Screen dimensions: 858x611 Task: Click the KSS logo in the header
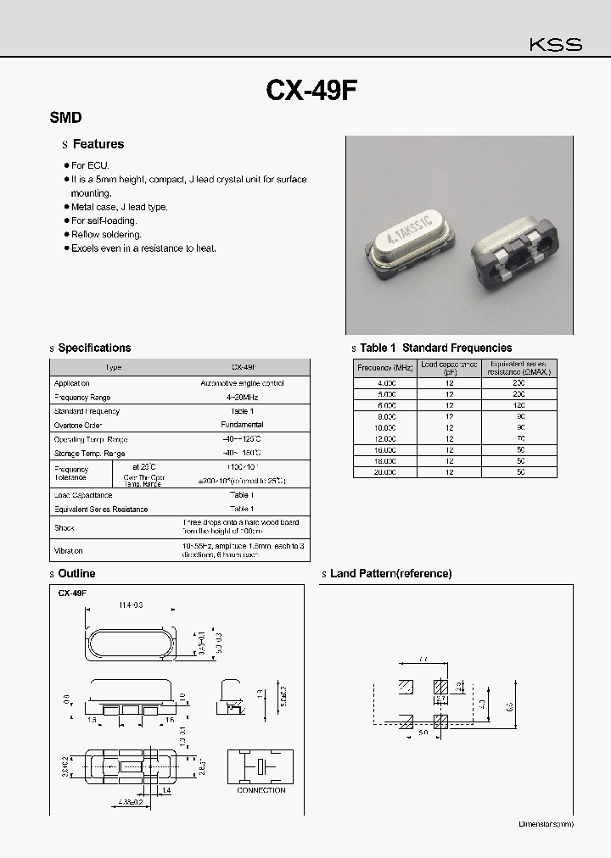[556, 45]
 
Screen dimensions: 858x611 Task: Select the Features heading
[98, 144]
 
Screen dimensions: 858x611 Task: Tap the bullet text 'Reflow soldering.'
[106, 235]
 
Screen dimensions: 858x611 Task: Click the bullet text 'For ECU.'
[90, 166]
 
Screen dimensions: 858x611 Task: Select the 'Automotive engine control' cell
[243, 383]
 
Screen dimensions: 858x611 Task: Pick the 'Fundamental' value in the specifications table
[243, 425]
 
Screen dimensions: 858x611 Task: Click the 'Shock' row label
[64, 527]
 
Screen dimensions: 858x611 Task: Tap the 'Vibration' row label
[69, 549]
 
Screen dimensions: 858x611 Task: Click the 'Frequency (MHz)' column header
[384, 367]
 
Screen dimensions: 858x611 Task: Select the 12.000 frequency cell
[384, 438]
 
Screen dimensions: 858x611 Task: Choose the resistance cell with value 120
[519, 405]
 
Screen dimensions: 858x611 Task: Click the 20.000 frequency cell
[384, 471]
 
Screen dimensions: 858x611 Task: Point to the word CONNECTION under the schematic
[261, 790]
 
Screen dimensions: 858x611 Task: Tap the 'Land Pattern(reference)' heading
[390, 574]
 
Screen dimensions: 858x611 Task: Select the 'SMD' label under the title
[66, 119]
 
